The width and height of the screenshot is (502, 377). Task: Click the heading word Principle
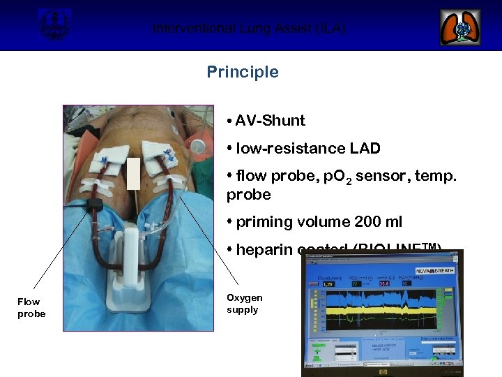242,72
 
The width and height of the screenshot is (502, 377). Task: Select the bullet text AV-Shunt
270,120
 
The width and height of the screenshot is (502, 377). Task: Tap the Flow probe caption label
31,307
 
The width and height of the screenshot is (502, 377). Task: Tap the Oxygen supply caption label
244,304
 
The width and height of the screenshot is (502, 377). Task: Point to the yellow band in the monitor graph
376,306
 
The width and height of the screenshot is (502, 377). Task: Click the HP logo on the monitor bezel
379,372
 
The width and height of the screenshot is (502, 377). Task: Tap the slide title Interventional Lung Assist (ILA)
249,29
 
